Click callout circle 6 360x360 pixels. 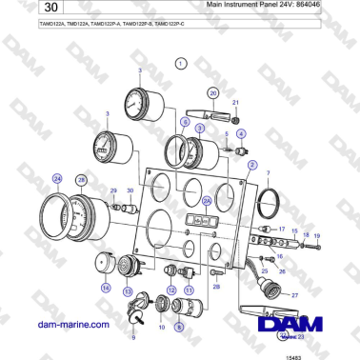[x=184, y=124]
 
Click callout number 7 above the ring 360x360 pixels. [x=268, y=174]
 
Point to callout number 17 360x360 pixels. [x=282, y=230]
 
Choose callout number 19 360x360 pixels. [x=317, y=234]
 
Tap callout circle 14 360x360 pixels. [x=106, y=286]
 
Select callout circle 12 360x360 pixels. [x=171, y=290]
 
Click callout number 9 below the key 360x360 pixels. [x=133, y=336]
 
